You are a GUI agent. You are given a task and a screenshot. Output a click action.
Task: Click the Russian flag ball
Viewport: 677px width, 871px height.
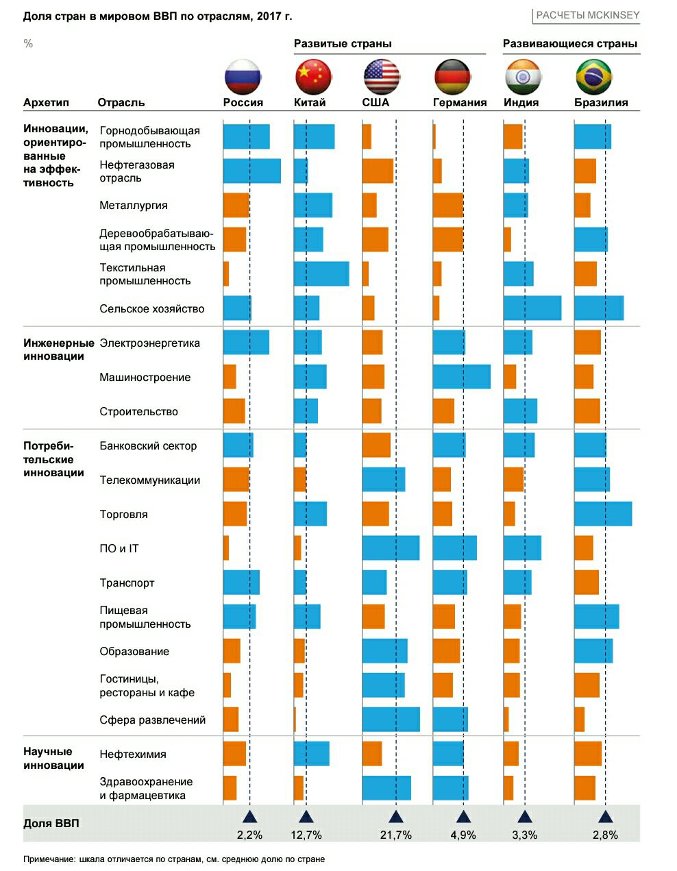243,77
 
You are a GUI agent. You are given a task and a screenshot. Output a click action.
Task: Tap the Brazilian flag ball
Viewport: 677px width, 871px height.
593,77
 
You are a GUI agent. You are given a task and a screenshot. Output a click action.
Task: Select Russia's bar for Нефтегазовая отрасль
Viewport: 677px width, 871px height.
252,171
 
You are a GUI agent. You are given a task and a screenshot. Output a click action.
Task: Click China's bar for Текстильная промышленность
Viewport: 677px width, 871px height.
321,273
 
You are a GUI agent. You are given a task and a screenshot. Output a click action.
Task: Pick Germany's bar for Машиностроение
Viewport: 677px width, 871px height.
462,376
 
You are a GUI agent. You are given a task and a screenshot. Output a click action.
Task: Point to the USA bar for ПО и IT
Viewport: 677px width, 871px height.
391,548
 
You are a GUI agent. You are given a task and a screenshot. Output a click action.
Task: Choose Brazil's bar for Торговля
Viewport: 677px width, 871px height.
603,513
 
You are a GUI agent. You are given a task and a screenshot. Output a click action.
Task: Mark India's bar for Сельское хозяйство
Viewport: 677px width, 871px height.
532,308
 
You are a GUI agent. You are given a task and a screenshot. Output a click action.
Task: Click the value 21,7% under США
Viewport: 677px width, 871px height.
396,835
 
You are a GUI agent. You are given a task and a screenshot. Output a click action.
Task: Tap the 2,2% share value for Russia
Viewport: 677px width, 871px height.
249,835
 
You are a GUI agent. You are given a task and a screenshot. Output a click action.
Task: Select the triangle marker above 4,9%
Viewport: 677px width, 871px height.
463,816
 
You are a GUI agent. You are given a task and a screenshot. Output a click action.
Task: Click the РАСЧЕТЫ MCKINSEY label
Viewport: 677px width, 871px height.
588,15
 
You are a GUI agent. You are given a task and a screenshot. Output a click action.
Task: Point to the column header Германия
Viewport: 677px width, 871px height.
460,103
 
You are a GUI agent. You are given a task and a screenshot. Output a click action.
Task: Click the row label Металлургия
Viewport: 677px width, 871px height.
134,206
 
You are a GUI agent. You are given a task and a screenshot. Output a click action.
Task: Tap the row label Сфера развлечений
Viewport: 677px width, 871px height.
153,720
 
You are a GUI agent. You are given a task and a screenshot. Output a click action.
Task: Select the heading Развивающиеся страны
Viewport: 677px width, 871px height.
570,44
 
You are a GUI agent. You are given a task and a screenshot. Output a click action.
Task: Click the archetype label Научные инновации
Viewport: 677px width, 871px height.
53,759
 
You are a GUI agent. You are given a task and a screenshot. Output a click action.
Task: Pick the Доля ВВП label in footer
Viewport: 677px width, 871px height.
51,823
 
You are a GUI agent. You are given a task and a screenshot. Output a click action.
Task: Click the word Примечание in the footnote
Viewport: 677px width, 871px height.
49,859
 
